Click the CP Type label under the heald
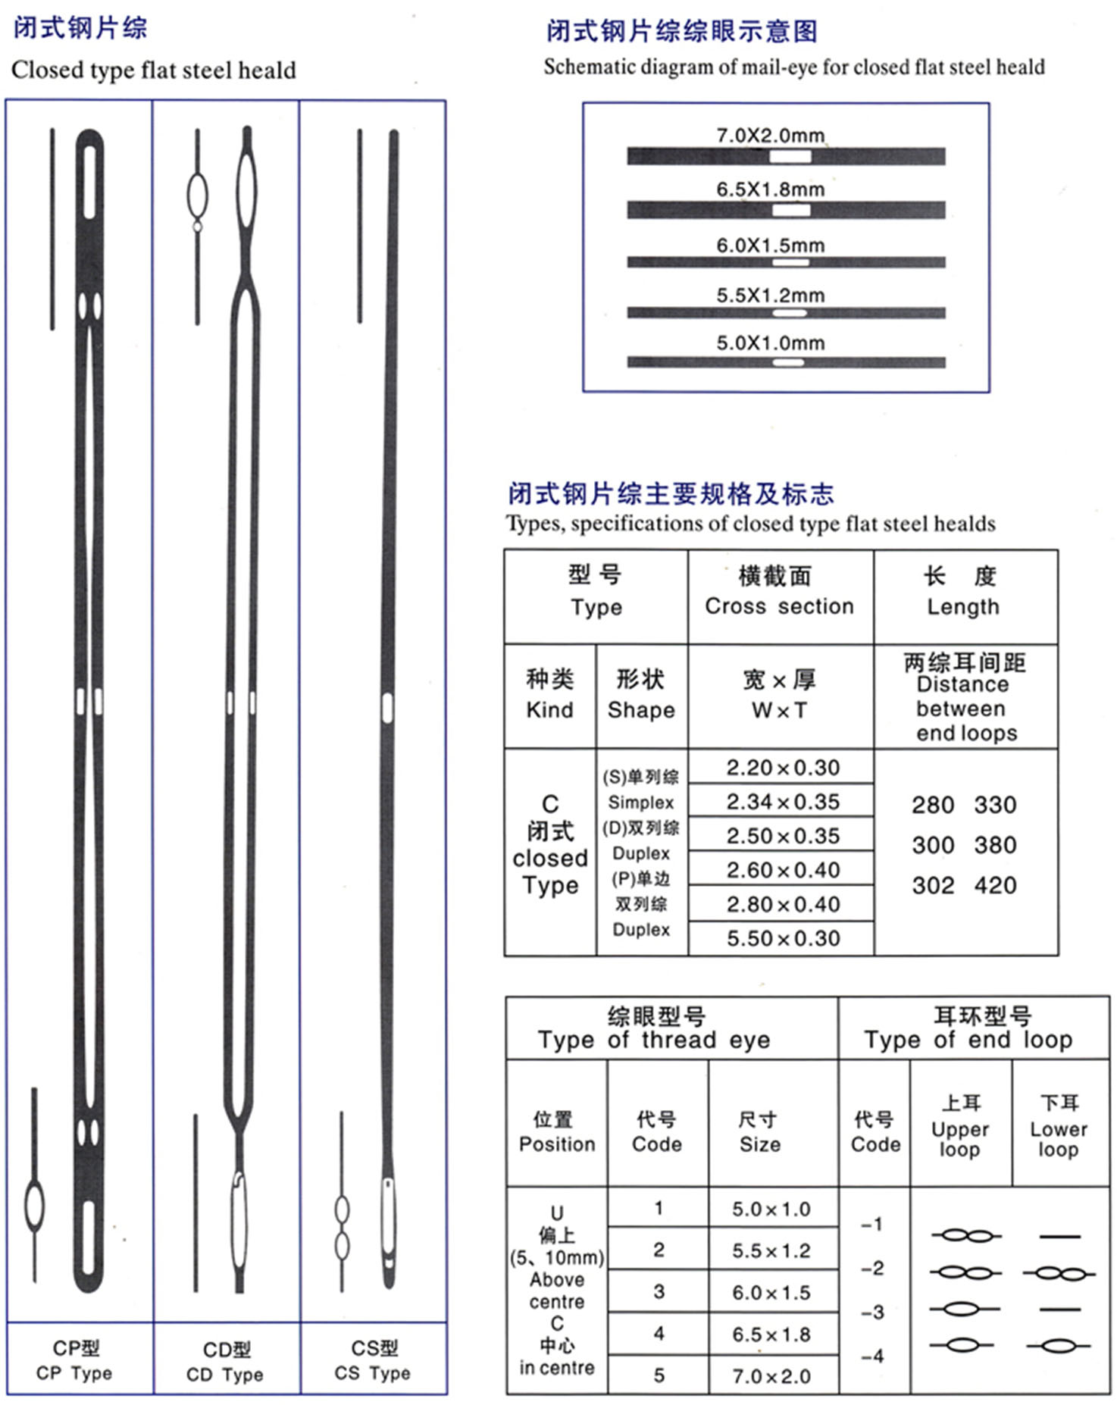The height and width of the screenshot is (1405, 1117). pyautogui.click(x=74, y=1372)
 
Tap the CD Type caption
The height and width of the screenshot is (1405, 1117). pyautogui.click(x=224, y=1374)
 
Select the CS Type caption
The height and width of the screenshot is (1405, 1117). pyautogui.click(x=373, y=1372)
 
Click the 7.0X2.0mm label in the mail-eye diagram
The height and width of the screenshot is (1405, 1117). pyautogui.click(x=770, y=136)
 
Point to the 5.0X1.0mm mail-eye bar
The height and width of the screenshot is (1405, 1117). pyautogui.click(x=786, y=362)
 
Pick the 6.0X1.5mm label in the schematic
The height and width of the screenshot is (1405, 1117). pyautogui.click(x=770, y=246)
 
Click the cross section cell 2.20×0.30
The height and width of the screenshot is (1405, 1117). pyautogui.click(x=782, y=768)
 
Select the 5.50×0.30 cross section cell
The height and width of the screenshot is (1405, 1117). pyautogui.click(x=782, y=938)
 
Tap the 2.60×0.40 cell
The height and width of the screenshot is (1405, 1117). pyautogui.click(x=782, y=870)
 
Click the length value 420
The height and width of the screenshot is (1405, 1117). pyautogui.click(x=995, y=885)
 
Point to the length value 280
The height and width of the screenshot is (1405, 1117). pyautogui.click(x=932, y=805)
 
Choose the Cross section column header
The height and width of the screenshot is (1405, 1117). pyautogui.click(x=779, y=606)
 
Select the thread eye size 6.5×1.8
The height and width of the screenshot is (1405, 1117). pyautogui.click(x=771, y=1335)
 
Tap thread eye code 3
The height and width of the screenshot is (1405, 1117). pyautogui.click(x=659, y=1292)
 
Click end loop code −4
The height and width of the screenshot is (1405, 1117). pyautogui.click(x=872, y=1356)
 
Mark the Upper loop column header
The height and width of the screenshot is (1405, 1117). pyautogui.click(x=960, y=1129)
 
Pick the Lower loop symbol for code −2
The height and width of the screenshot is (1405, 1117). pyautogui.click(x=1059, y=1274)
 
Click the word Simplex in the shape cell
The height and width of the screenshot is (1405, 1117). pyautogui.click(x=640, y=803)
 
